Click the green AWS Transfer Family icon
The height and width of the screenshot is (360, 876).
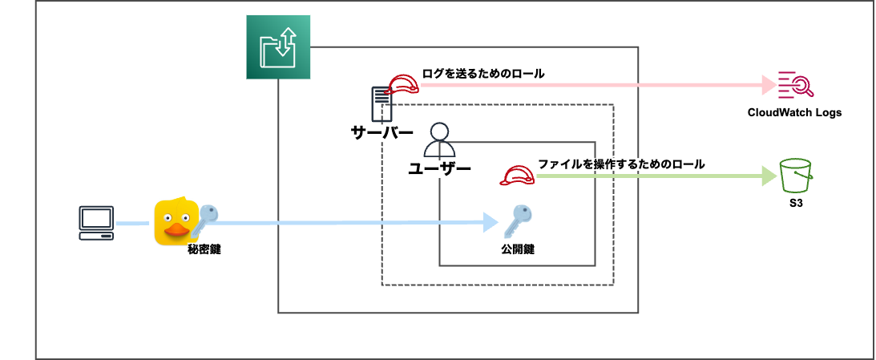278,48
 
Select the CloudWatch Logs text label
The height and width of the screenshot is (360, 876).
794,113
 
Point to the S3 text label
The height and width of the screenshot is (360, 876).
796,205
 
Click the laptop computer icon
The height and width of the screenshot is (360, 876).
96,223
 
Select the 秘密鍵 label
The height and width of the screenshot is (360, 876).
204,249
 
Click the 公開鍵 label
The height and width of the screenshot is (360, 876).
518,249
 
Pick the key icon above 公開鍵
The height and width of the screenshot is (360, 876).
518,220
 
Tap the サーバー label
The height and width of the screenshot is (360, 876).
382,132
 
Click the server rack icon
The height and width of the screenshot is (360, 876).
381,103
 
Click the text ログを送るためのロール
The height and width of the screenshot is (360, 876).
483,74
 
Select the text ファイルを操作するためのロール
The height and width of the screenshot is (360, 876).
621,164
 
